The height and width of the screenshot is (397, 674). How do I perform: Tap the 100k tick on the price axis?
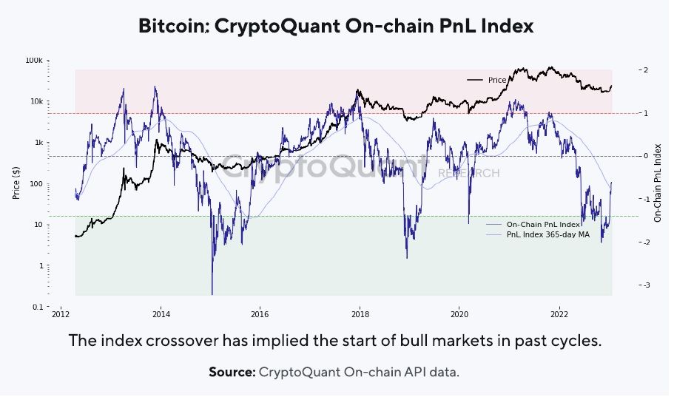[x=34, y=60]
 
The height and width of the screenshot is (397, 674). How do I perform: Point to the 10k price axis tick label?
[x=36, y=101]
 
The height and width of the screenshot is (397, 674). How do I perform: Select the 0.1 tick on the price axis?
[x=37, y=307]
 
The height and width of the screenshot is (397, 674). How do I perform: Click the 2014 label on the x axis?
[x=159, y=314]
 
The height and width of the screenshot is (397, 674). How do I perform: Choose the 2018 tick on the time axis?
[x=360, y=314]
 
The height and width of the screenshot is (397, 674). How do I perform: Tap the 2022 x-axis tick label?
[x=559, y=314]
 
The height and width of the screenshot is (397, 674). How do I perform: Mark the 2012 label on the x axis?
[x=60, y=314]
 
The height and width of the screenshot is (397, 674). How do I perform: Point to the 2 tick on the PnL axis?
[x=645, y=70]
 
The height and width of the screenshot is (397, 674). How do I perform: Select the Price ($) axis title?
[x=16, y=183]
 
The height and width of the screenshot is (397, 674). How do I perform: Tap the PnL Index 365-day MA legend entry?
[x=547, y=234]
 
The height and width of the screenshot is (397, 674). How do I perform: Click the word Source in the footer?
[x=232, y=372]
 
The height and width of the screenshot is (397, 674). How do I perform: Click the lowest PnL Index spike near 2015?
[x=212, y=293]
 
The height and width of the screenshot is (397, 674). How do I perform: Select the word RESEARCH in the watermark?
[x=469, y=173]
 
